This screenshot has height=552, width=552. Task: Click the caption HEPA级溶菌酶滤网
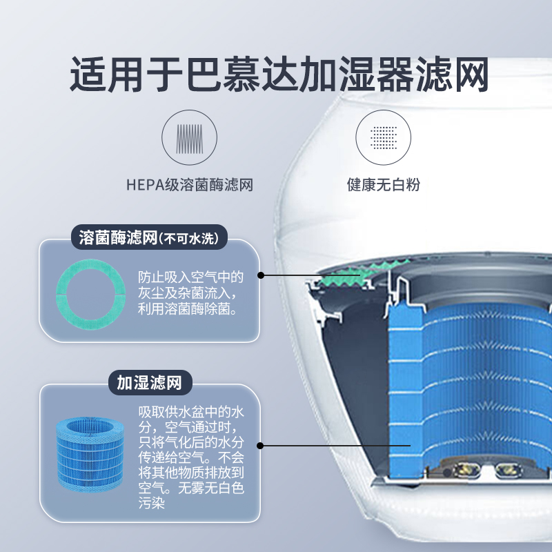189,185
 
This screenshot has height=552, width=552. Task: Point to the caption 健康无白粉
383,185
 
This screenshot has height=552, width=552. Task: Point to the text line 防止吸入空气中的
190,277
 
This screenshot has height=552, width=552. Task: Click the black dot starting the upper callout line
262,275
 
